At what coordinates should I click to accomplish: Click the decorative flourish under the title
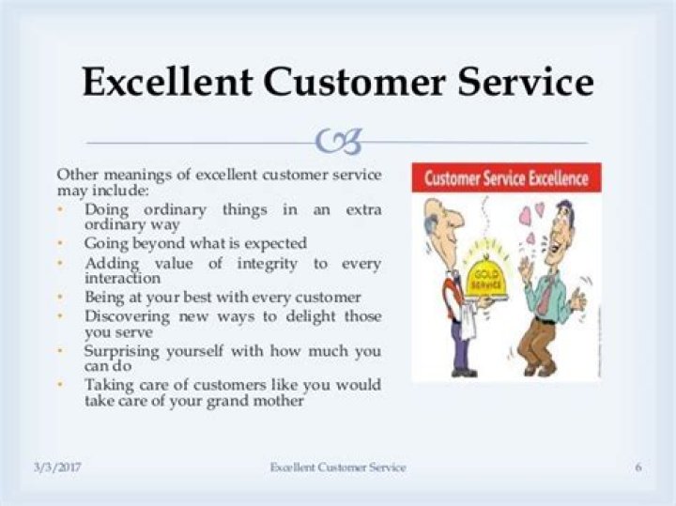(x=338, y=142)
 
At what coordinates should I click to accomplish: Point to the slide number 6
(x=638, y=467)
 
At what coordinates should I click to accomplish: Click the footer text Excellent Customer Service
(x=338, y=467)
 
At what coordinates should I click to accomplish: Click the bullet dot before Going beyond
(x=61, y=242)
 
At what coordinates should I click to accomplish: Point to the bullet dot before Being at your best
(x=61, y=297)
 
